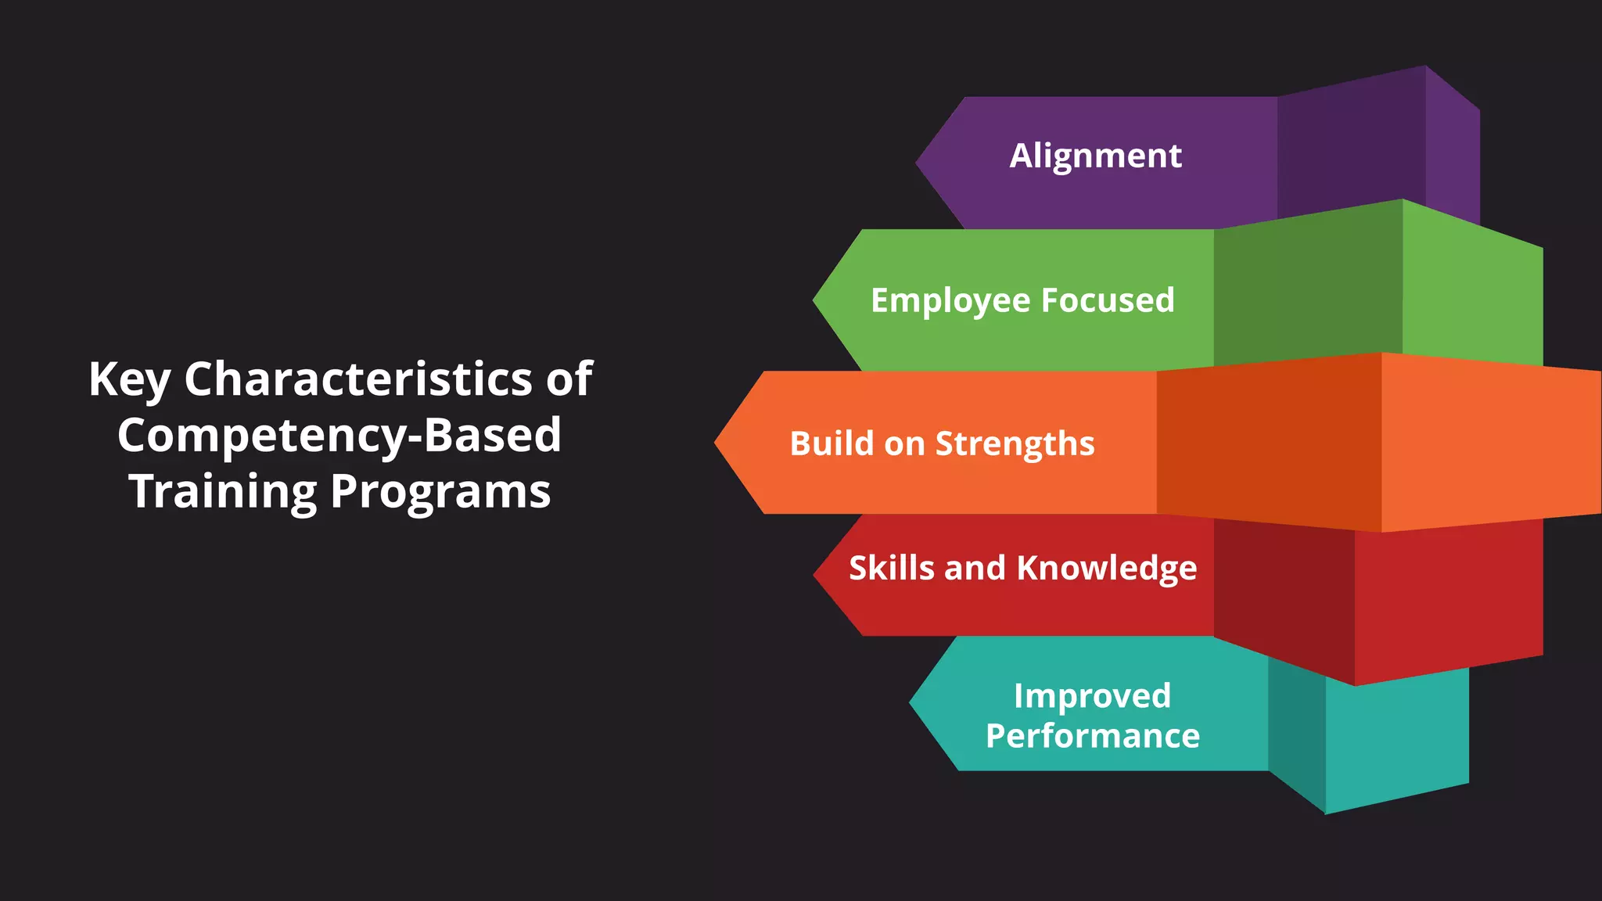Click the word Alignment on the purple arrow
tap(1095, 156)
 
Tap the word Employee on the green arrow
tap(950, 301)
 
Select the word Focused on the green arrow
tap(1108, 300)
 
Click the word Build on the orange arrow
tap(832, 443)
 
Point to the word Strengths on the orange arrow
tap(1015, 444)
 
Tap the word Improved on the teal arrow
tap(1092, 696)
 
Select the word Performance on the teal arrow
tap(1092, 736)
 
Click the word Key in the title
tap(129, 380)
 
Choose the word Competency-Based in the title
tap(339, 436)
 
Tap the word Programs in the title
tap(440, 492)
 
